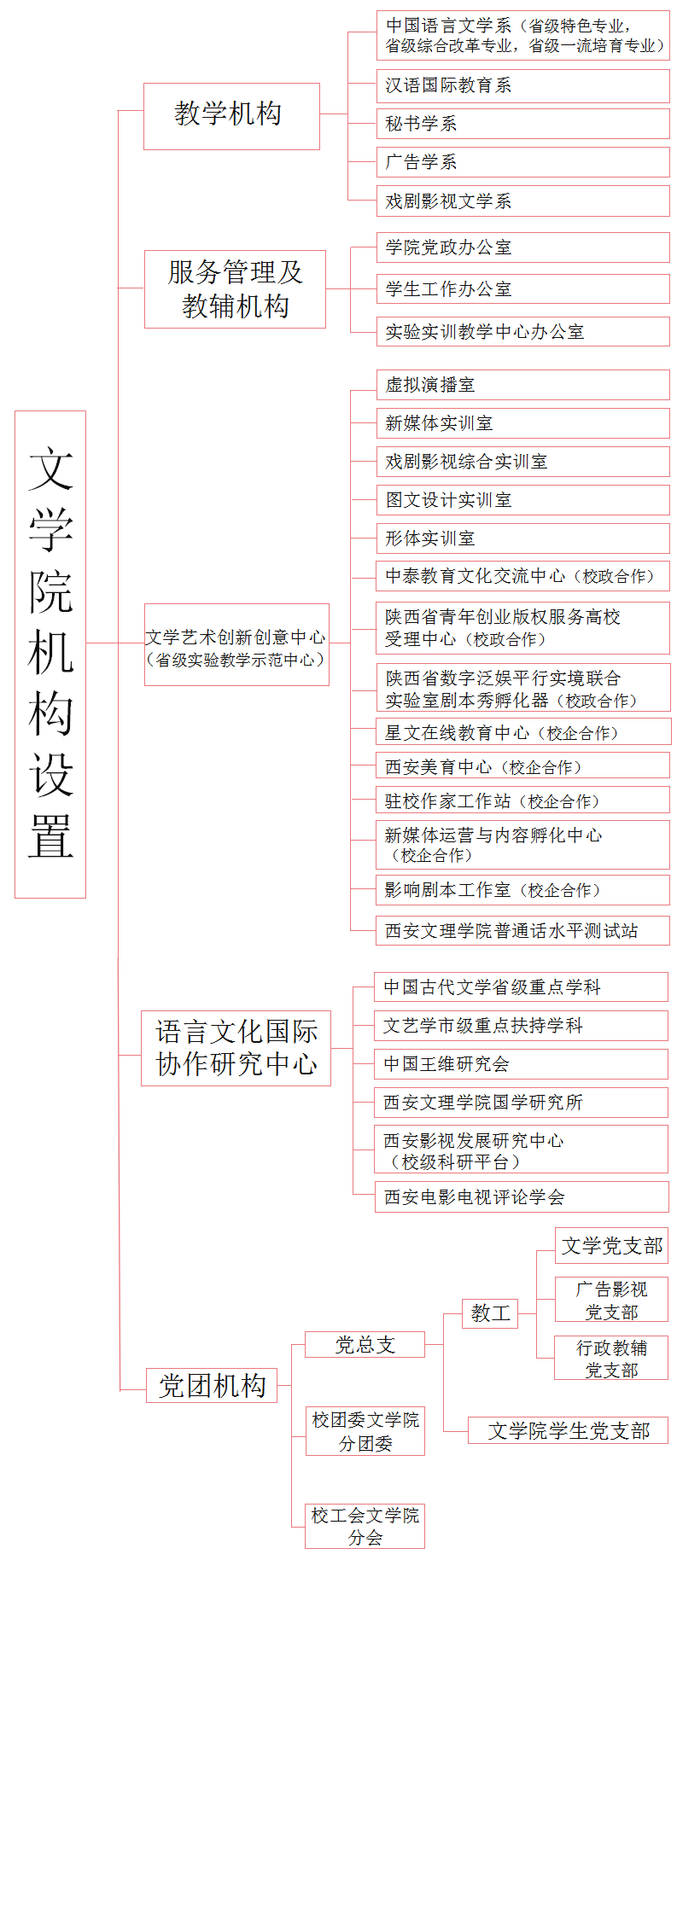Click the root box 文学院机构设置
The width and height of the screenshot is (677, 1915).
50,655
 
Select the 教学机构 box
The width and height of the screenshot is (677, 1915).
231,116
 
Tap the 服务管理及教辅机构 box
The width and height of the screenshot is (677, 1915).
235,289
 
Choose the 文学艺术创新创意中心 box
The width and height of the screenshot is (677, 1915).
236,644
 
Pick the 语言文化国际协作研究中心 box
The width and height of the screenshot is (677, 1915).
236,1048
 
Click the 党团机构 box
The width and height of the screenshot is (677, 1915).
212,1385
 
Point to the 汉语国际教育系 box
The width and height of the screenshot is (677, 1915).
522,86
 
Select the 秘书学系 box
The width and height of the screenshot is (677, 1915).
522,124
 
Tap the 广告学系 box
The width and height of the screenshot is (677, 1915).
522,162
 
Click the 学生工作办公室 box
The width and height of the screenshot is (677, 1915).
522,288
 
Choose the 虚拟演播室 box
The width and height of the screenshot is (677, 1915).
522,385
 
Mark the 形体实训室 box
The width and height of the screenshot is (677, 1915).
522,538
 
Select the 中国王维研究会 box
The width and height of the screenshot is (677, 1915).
521,1064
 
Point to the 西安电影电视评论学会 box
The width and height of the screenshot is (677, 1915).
522,1196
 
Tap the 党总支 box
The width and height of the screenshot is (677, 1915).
365,1344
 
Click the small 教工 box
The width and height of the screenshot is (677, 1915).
490,1313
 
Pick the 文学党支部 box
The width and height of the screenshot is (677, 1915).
611,1245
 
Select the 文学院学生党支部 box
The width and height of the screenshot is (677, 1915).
568,1430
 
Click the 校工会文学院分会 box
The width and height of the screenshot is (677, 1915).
365,1526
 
